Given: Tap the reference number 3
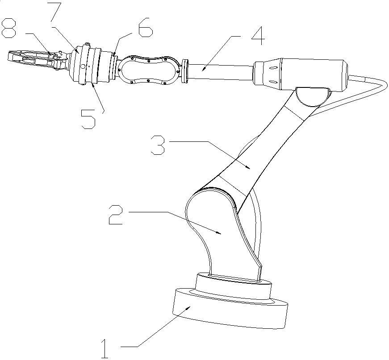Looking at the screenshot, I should point(157,145).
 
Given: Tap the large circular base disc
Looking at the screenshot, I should point(228,310).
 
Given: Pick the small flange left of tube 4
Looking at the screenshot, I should point(185,70).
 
